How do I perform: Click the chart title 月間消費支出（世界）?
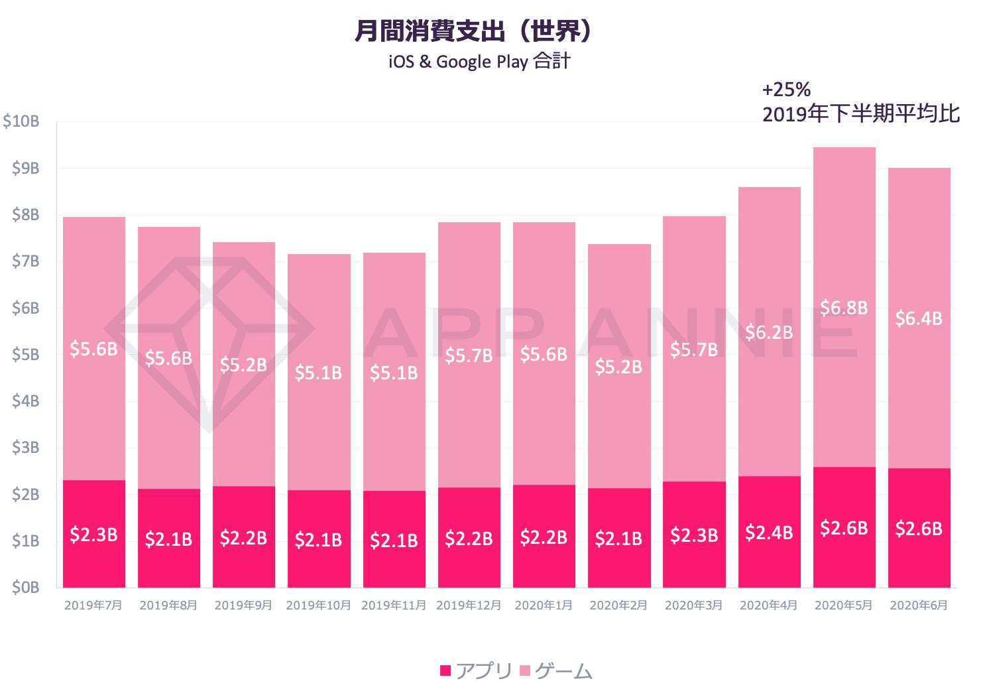pyautogui.click(x=473, y=32)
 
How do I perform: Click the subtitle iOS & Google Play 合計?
pyautogui.click(x=479, y=62)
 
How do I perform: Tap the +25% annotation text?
pyautogui.click(x=786, y=90)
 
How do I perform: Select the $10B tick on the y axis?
pyautogui.click(x=21, y=122)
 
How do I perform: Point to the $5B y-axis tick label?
pyautogui.click(x=25, y=355)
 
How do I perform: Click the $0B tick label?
pyautogui.click(x=25, y=588)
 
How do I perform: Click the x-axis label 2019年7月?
pyautogui.click(x=93, y=605)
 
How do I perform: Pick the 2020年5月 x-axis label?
pyautogui.click(x=843, y=605)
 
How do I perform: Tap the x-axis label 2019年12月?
pyautogui.click(x=468, y=605)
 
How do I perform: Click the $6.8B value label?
pyautogui.click(x=844, y=308)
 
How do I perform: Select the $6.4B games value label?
pyautogui.click(x=919, y=318)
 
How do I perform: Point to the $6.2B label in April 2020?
pyautogui.click(x=769, y=332)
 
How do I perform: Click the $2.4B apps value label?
pyautogui.click(x=769, y=532)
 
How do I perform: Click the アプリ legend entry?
pyautogui.click(x=476, y=671)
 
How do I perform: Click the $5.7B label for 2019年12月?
pyautogui.click(x=469, y=356)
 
